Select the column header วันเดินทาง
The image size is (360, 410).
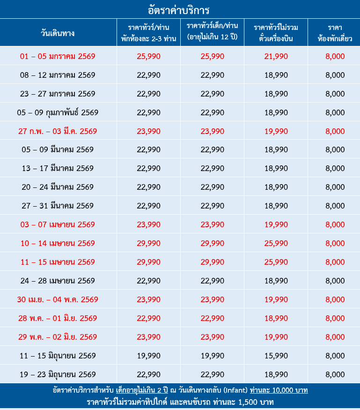[58, 33]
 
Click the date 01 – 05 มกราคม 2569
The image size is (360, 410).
[58, 56]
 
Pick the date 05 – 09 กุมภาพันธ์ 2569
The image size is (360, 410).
[58, 112]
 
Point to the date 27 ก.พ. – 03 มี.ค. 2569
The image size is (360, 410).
[58, 131]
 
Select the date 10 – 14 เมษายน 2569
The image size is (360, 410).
[58, 243]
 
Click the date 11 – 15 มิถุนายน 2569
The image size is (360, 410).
[58, 356]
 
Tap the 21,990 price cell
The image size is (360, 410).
[276, 56]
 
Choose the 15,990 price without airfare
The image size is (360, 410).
[276, 356]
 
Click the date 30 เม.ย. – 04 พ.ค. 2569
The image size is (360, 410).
[58, 299]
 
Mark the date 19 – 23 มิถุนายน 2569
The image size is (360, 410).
[58, 374]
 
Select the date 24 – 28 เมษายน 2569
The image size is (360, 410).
[58, 281]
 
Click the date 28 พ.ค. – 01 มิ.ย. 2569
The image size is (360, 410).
[58, 318]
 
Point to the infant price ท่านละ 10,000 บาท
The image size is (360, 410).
[279, 390]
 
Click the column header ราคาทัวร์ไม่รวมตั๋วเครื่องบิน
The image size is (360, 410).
[276, 33]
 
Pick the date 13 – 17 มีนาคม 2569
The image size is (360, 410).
[58, 168]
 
